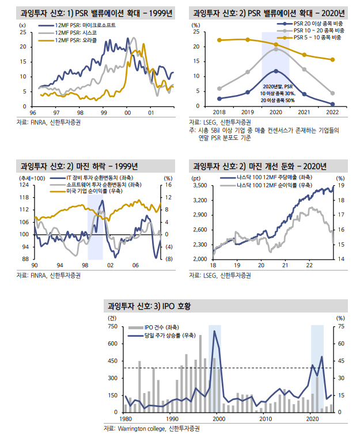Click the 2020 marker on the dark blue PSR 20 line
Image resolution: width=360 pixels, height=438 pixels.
(276, 71)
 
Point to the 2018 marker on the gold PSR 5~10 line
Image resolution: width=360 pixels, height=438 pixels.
(219, 40)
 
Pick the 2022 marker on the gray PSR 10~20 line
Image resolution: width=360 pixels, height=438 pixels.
(332, 93)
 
